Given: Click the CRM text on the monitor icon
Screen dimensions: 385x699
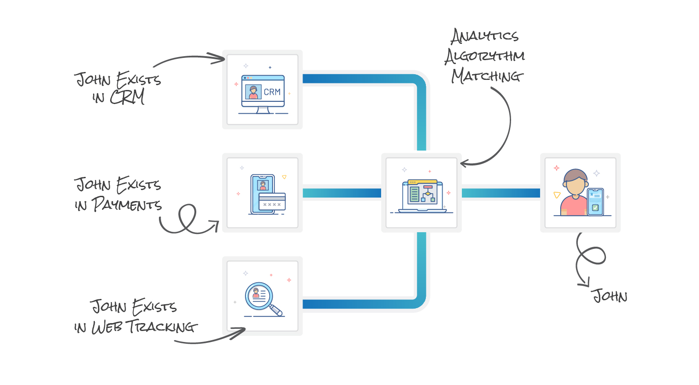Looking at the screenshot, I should (x=272, y=92).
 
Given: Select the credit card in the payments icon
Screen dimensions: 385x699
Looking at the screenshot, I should (x=272, y=201).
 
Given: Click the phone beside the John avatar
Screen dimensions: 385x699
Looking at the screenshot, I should (x=596, y=202).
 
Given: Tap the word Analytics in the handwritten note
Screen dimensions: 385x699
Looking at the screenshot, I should (x=485, y=36).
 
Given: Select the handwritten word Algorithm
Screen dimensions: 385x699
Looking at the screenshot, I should (x=485, y=56).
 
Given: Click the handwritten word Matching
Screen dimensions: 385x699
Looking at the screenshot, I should (x=487, y=76).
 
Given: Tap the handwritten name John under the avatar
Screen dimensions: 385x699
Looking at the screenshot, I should (x=610, y=296).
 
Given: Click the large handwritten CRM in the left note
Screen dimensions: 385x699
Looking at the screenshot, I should (x=127, y=97).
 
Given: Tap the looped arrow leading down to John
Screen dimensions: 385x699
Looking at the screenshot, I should (x=588, y=259).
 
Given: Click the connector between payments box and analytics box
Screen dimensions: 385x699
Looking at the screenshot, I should (x=342, y=193).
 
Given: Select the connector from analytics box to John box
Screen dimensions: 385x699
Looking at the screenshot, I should (x=501, y=193).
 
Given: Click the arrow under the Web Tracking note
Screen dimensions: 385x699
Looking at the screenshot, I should (x=211, y=338).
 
